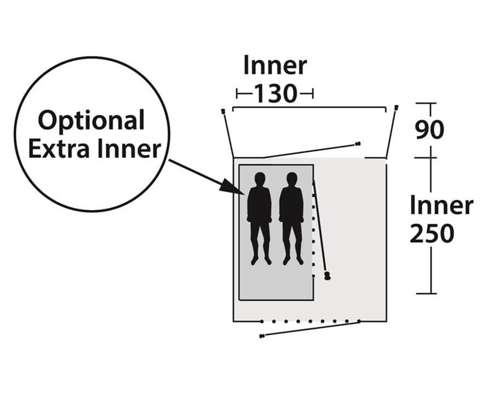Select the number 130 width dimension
coord(275,94)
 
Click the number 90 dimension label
coord(429,130)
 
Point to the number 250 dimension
coord(432,234)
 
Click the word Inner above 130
coord(275,66)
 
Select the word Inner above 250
coord(442,206)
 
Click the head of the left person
coord(260,179)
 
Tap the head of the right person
coord(292,179)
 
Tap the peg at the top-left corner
coord(223,112)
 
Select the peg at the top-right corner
coord(397,108)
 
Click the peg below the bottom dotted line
coord(262,336)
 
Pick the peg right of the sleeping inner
coord(328,276)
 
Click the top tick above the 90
coord(426,103)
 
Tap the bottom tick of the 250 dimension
coord(426,294)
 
